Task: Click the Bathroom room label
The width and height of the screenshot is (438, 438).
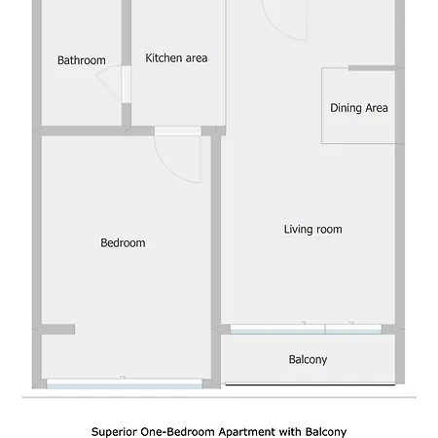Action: point(82,60)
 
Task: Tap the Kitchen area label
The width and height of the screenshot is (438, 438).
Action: point(176,58)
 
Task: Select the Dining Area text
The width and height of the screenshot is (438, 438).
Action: point(359,108)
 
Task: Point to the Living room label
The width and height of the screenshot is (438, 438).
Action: point(312,230)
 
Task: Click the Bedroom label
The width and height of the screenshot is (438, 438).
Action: point(123,243)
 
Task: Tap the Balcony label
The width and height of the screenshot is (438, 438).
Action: point(308,359)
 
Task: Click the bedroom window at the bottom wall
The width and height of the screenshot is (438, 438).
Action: point(125,383)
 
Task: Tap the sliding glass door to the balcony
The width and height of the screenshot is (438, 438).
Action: point(306,329)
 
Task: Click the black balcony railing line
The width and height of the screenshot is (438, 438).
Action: point(310,384)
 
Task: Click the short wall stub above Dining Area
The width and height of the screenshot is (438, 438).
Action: point(372,68)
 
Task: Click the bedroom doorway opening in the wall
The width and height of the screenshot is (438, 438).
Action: point(178,131)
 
